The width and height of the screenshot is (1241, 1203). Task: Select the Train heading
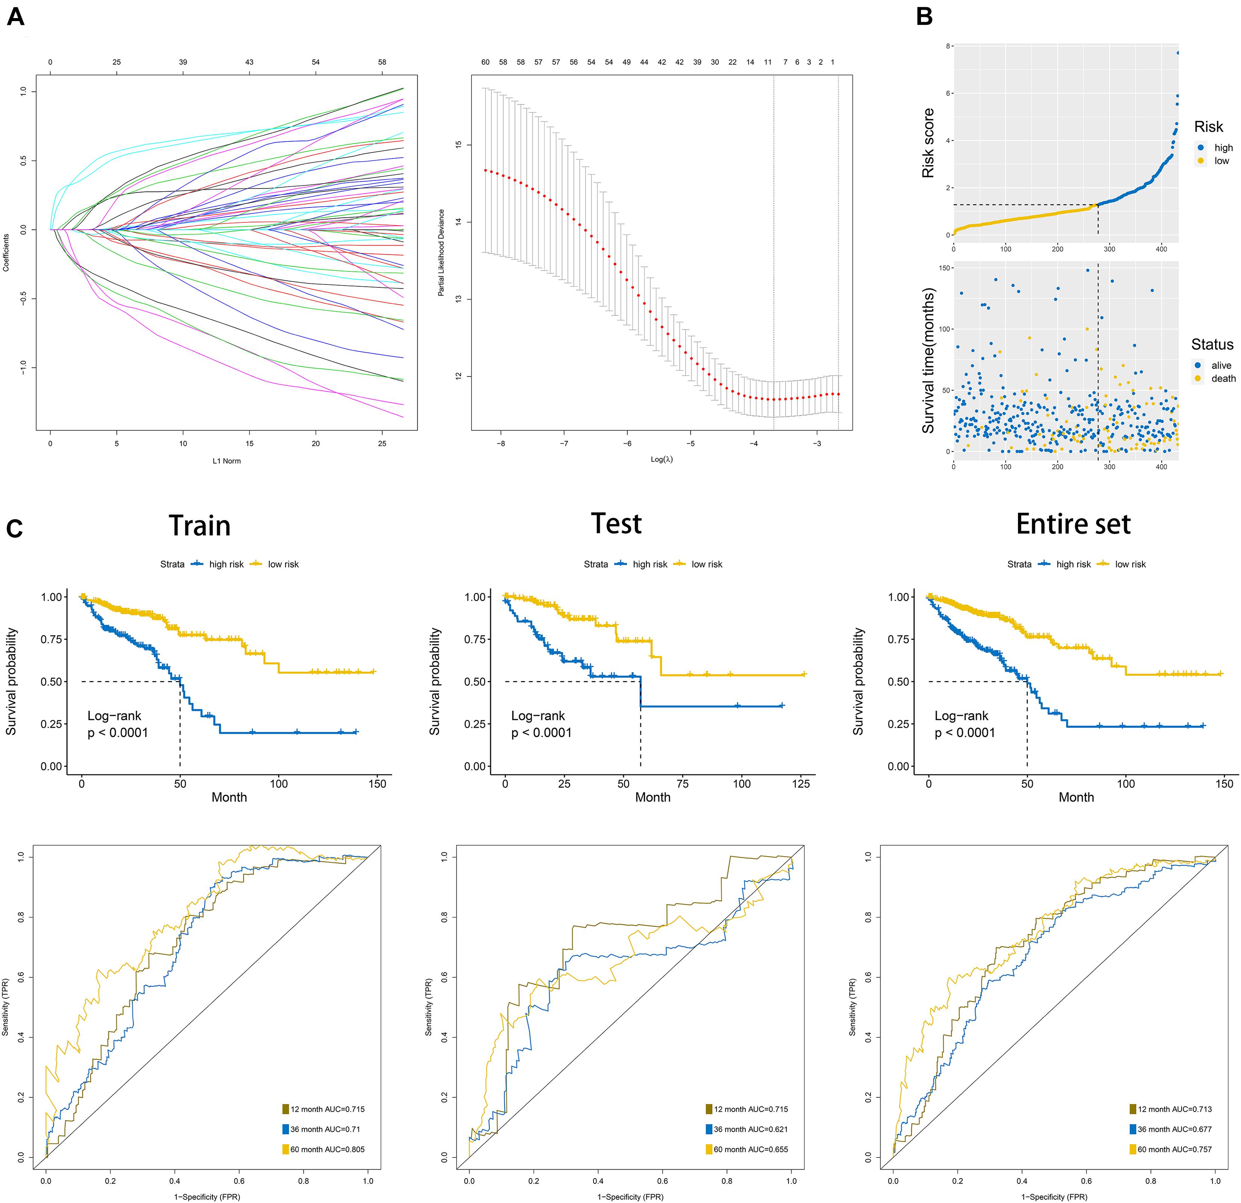(x=199, y=526)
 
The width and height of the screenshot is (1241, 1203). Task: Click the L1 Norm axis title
(x=227, y=461)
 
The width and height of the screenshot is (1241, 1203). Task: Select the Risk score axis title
(x=928, y=143)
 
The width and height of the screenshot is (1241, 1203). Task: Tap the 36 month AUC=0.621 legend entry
(x=750, y=1129)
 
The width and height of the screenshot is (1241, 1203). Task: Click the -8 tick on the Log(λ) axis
(x=501, y=443)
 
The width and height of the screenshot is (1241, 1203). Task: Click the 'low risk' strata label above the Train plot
(x=283, y=564)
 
